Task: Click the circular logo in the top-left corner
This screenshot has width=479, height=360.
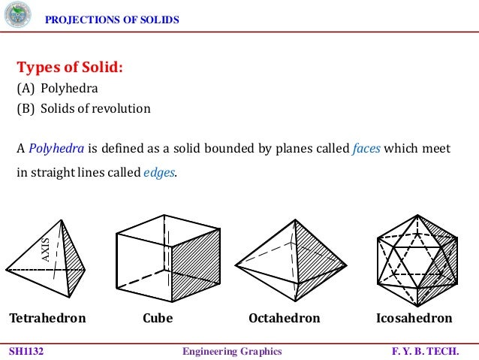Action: [18, 16]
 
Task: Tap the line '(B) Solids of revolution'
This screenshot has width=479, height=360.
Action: [83, 108]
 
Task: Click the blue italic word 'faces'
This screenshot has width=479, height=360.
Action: [366, 148]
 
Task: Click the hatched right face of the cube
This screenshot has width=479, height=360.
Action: [196, 267]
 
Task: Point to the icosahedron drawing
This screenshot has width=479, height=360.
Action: [416, 259]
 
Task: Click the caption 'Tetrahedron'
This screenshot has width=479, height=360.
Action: [47, 318]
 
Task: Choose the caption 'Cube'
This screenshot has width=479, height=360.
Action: [158, 318]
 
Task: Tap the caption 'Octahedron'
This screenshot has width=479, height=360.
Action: [284, 318]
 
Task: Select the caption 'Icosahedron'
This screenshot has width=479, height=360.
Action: [414, 318]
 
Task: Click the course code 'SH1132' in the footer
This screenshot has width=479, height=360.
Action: [26, 351]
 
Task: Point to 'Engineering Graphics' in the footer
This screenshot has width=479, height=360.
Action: [232, 351]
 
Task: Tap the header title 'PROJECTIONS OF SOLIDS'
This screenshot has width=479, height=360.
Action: [113, 20]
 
